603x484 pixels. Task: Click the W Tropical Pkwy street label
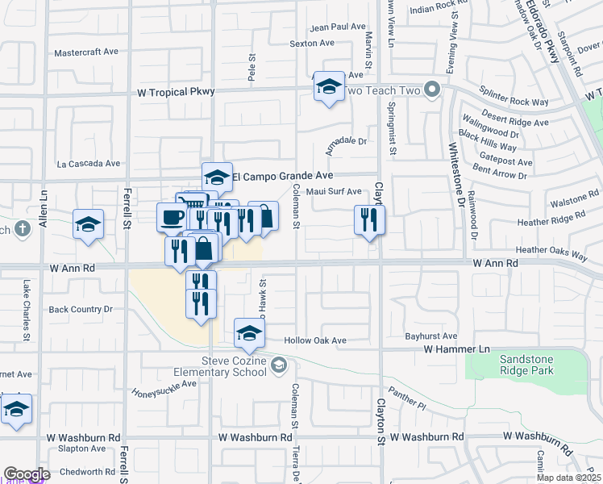coord(177,92)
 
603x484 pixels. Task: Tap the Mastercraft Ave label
coord(86,52)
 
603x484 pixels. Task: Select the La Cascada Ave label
coord(89,164)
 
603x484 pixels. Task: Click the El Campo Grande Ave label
coord(282,175)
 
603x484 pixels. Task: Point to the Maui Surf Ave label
coord(328,192)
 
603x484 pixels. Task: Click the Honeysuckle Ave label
coord(165,384)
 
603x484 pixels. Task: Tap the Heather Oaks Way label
coord(551,251)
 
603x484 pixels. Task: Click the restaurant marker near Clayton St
coord(369,219)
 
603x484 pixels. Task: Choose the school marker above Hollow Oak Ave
coord(249,333)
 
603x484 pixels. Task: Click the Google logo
coord(27,474)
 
